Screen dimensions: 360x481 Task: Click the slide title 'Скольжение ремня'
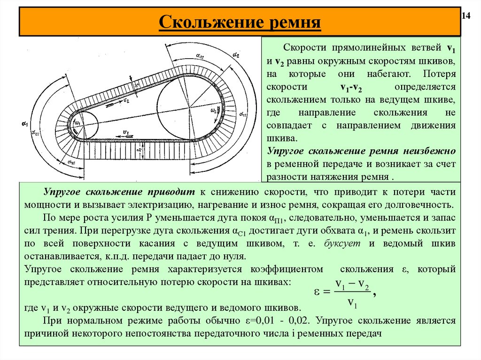point(240,22)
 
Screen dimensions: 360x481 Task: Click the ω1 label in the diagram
point(78,123)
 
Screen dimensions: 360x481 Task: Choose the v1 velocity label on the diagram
point(125,132)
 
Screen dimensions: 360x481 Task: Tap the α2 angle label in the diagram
point(235,55)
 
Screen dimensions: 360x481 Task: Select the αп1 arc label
point(72,162)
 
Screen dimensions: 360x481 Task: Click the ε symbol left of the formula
point(318,292)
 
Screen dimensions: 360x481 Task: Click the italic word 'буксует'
point(341,244)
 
